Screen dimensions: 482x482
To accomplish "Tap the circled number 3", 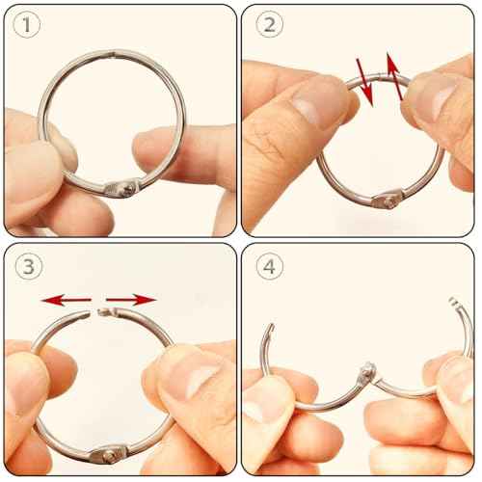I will (x=29, y=268).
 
